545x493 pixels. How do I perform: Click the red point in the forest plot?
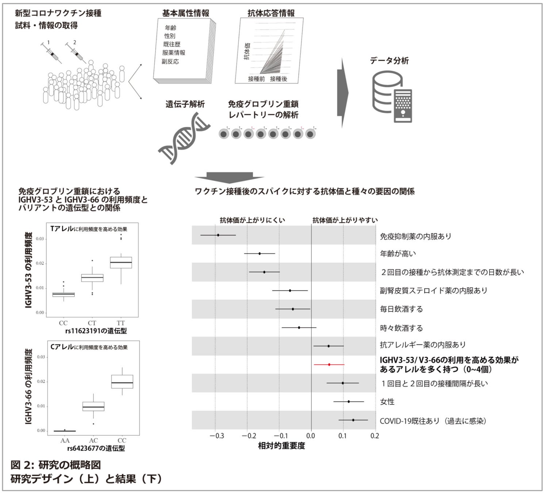pyautogui.click(x=329, y=364)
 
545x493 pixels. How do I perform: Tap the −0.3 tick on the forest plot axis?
pyautogui.click(x=217, y=436)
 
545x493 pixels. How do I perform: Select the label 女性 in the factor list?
pyautogui.click(x=387, y=402)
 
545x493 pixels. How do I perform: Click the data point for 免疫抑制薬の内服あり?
pyautogui.click(x=218, y=235)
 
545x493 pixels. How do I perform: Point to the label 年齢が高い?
pyautogui.click(x=398, y=253)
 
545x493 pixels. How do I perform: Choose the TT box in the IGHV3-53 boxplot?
pyautogui.click(x=121, y=263)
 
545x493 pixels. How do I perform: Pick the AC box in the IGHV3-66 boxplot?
pyautogui.click(x=93, y=406)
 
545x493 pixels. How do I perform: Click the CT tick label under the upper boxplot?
pyautogui.click(x=92, y=323)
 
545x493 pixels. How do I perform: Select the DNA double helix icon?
pyautogui.click(x=184, y=138)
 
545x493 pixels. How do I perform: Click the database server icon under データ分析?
pyautogui.click(x=392, y=97)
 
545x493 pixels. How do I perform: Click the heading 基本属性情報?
pyautogui.click(x=186, y=14)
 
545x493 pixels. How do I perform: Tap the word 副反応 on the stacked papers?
pyautogui.click(x=170, y=61)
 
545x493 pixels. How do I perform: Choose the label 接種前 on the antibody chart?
pyautogui.click(x=256, y=79)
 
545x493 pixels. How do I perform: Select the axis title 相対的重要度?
pyautogui.click(x=281, y=446)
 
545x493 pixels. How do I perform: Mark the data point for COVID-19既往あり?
pyautogui.click(x=353, y=420)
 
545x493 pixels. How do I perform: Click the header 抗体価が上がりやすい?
pyautogui.click(x=345, y=220)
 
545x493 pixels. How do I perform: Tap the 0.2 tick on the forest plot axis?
pyautogui.click(x=375, y=436)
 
